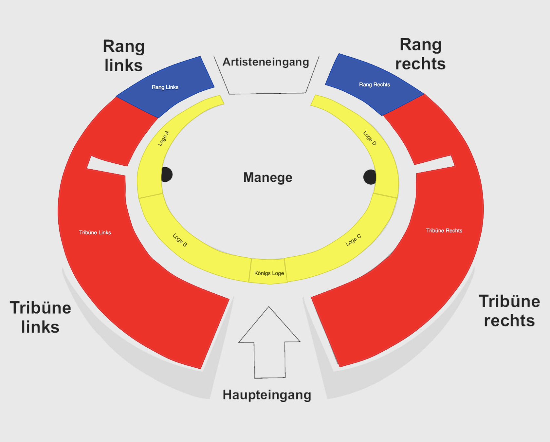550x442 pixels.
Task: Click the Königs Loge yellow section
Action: [x=268, y=271]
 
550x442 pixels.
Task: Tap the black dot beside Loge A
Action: [x=167, y=175]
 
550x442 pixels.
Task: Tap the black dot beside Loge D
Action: [x=370, y=177]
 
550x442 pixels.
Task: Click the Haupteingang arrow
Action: [x=269, y=342]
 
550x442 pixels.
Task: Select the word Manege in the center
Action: [x=268, y=177]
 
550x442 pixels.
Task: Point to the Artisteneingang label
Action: [x=266, y=62]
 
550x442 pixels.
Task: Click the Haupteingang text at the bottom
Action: [x=267, y=395]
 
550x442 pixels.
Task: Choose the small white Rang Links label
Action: [x=165, y=87]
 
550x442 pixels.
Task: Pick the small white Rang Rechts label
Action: [x=375, y=84]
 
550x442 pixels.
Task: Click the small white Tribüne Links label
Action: [x=95, y=232]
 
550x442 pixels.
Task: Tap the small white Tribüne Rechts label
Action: [x=444, y=230]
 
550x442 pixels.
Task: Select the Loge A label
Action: [x=164, y=138]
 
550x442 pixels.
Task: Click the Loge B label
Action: [x=180, y=240]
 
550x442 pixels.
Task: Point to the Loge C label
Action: [x=354, y=240]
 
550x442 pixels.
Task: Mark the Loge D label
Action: [x=370, y=138]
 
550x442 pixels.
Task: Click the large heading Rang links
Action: [x=124, y=56]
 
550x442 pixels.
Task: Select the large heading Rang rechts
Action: [x=420, y=54]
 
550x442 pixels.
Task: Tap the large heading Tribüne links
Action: [x=41, y=317]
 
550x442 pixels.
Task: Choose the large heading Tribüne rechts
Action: [x=509, y=311]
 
